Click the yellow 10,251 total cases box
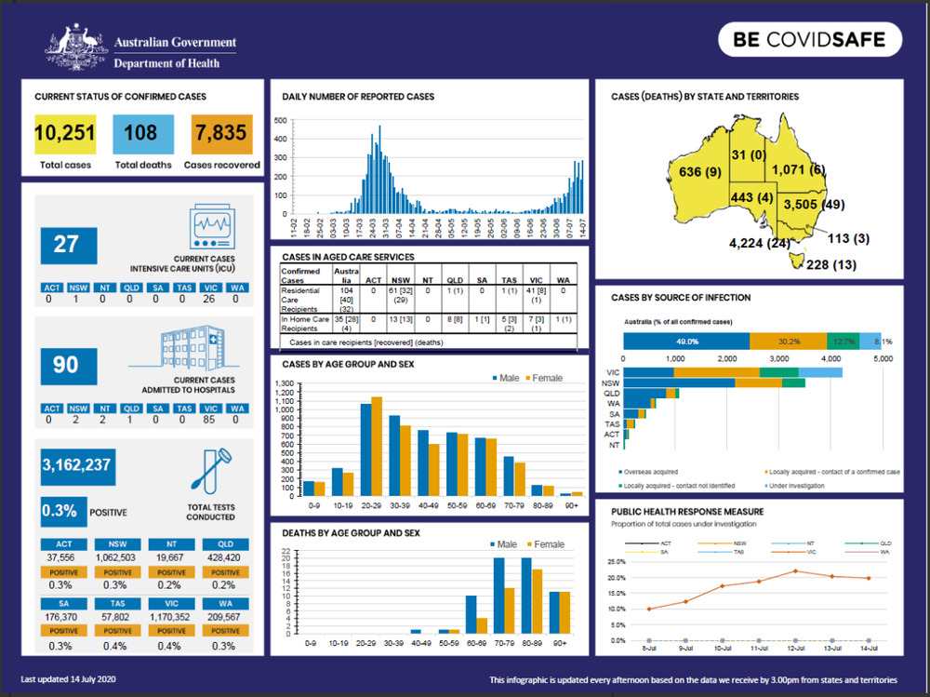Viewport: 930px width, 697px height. click(x=65, y=133)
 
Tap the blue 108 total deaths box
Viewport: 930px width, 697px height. click(x=140, y=133)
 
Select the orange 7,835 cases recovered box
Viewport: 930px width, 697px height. click(x=220, y=133)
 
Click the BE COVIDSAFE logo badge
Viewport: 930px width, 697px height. click(x=809, y=40)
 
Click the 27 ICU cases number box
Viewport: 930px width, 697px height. click(x=66, y=245)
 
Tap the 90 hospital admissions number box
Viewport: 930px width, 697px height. click(x=66, y=366)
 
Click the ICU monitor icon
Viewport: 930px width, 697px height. click(x=212, y=227)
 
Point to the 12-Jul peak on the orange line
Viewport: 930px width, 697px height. click(x=795, y=571)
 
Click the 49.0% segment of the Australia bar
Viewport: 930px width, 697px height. click(x=686, y=342)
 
